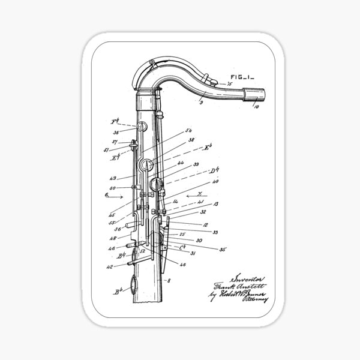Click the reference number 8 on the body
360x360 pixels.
tap(170, 280)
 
